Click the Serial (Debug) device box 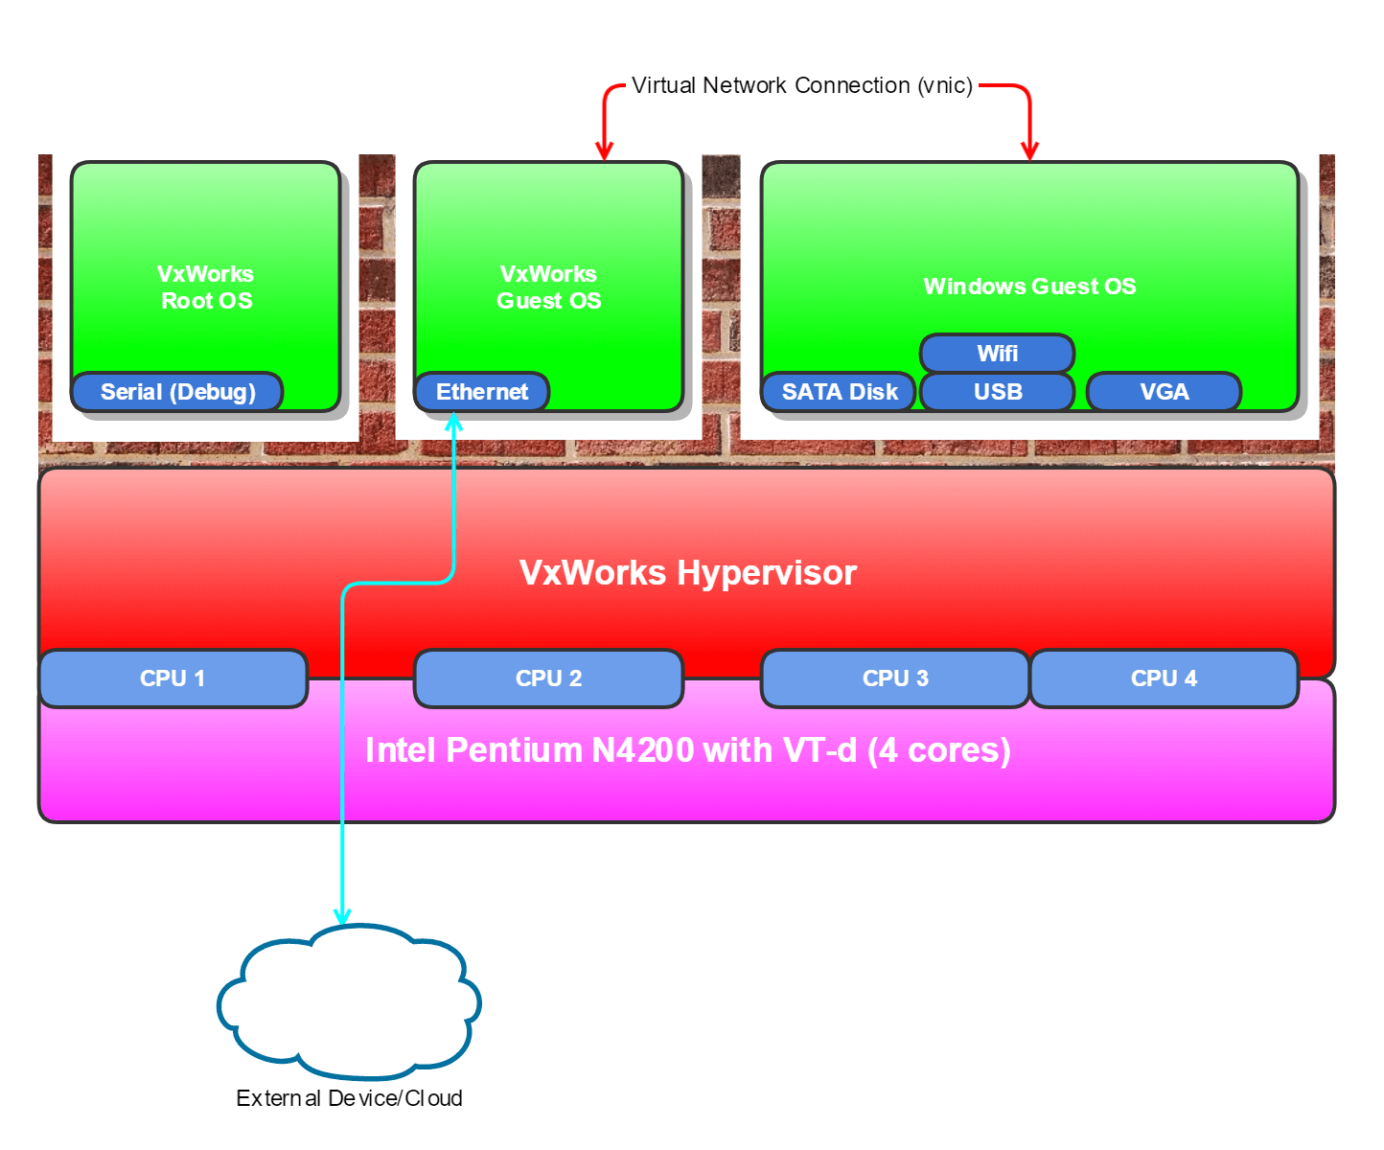(177, 392)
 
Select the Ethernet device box (481, 392)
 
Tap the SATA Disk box (839, 392)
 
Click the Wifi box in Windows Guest (997, 354)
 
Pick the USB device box (997, 392)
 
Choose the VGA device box (1164, 392)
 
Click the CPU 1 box (173, 678)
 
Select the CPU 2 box (548, 678)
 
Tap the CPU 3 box (895, 678)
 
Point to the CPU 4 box (1164, 678)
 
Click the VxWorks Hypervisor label (687, 573)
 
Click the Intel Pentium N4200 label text (687, 750)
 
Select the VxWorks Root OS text (206, 287)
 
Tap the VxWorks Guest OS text (548, 287)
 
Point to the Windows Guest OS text (1029, 287)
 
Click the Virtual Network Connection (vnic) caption (801, 85)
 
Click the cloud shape (349, 1001)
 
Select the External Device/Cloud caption (349, 1098)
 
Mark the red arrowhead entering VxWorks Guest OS (604, 150)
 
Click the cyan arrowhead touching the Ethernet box (454, 423)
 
